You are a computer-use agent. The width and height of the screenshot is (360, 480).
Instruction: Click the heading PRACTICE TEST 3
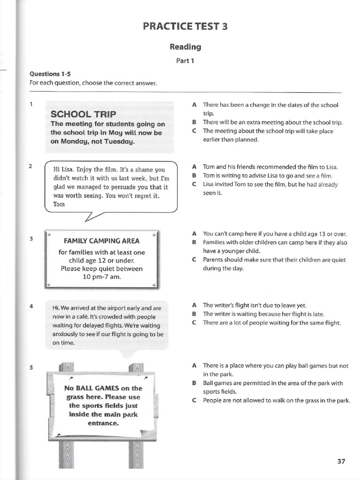[186, 26]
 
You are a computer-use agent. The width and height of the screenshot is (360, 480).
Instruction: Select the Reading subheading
[186, 47]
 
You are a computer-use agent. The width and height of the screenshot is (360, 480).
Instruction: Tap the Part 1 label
[186, 60]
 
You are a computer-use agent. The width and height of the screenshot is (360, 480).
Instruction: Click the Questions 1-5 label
[44, 74]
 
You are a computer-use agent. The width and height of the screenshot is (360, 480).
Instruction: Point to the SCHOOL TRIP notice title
[83, 114]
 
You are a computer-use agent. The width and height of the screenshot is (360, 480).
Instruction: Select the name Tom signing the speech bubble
[59, 204]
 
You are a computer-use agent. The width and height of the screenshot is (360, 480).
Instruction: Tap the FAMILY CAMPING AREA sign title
[101, 241]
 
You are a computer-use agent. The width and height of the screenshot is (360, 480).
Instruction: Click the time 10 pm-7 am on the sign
[101, 277]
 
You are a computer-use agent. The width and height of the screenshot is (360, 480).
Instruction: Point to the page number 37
[341, 461]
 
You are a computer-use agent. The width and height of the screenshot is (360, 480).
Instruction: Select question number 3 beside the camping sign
[31, 239]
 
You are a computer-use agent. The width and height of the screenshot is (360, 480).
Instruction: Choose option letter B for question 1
[194, 122]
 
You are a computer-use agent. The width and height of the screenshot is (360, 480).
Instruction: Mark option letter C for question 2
[194, 184]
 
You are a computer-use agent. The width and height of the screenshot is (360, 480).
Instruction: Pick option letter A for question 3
[194, 233]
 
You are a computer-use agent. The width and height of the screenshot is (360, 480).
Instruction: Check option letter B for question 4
[194, 314]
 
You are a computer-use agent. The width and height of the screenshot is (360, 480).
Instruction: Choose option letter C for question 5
[194, 400]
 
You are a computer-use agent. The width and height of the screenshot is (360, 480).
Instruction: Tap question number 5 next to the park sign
[31, 367]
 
